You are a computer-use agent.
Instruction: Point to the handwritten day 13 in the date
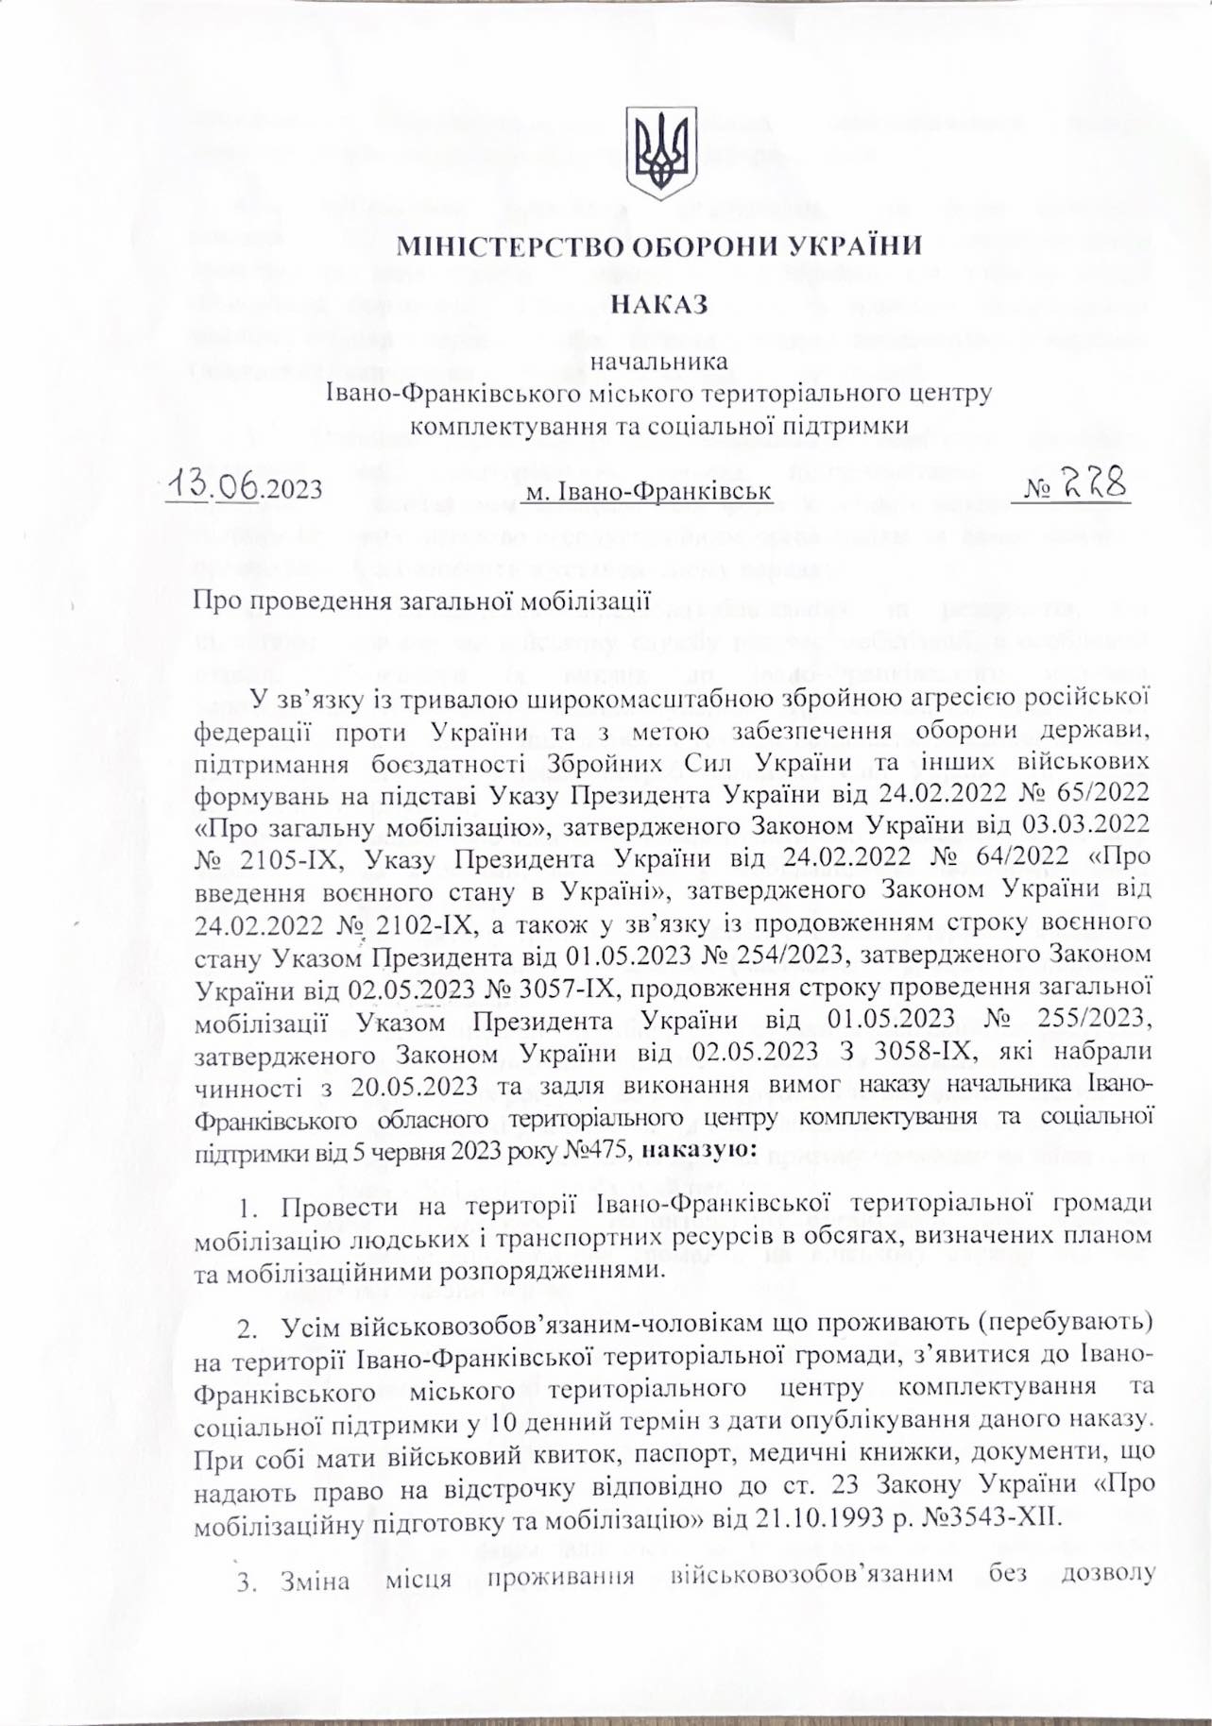pyautogui.click(x=187, y=486)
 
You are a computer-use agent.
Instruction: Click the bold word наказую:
pyautogui.click(x=698, y=1152)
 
